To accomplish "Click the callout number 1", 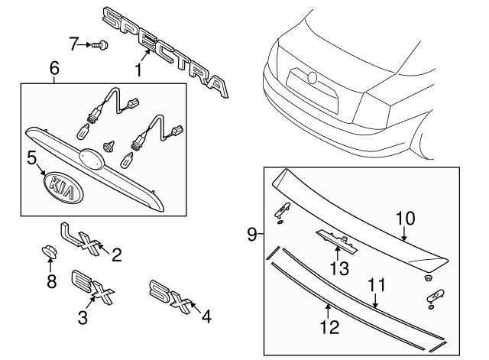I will [x=138, y=70].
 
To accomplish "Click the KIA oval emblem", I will [x=64, y=186].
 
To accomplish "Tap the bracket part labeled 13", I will [x=337, y=241].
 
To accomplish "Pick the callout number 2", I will [x=117, y=255].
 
